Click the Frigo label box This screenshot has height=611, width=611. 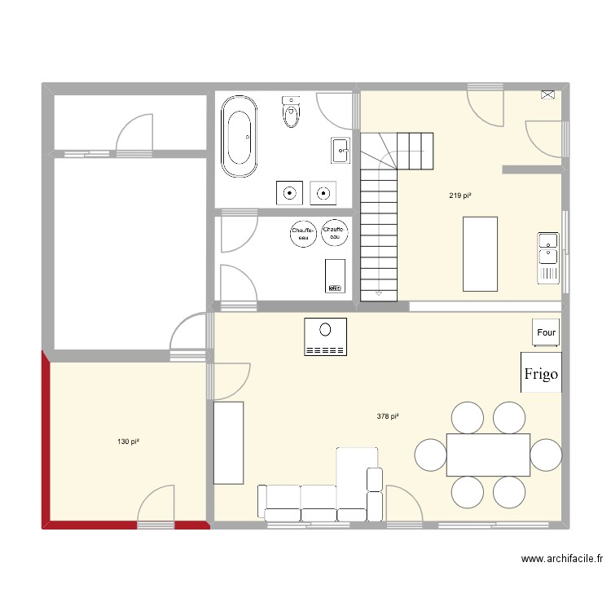pyautogui.click(x=541, y=373)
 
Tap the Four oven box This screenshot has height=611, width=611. pyautogui.click(x=546, y=332)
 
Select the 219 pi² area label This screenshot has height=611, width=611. pyautogui.click(x=460, y=196)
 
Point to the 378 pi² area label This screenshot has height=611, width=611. pyautogui.click(x=388, y=416)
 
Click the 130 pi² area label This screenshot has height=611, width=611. pyautogui.click(x=129, y=442)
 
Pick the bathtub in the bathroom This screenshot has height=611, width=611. pyautogui.click(x=240, y=136)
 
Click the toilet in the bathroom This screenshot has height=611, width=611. pyautogui.click(x=291, y=112)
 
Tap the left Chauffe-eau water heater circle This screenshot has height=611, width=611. pyautogui.click(x=303, y=233)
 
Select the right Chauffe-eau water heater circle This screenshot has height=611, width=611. pyautogui.click(x=334, y=232)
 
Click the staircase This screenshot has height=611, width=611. pyautogui.click(x=380, y=220)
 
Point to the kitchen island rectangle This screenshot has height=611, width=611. pyautogui.click(x=480, y=253)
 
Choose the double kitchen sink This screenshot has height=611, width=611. pyautogui.click(x=548, y=258)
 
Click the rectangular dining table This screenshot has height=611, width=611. pyautogui.click(x=488, y=455)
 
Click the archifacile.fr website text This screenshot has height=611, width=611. pyautogui.click(x=562, y=559)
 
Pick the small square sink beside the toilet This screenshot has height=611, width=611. pyautogui.click(x=340, y=149)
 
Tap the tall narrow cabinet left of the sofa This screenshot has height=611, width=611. pyautogui.click(x=229, y=442)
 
